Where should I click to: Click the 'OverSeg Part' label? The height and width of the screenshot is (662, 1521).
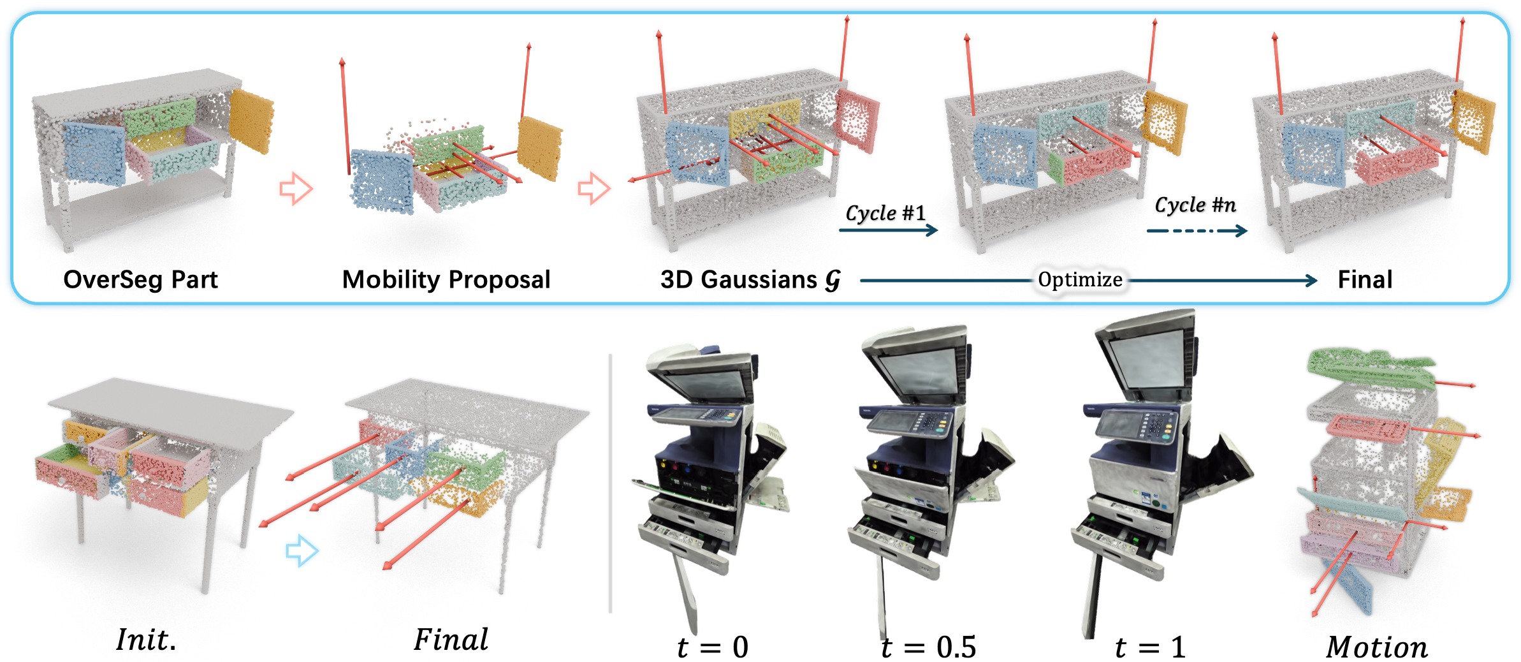pos(140,279)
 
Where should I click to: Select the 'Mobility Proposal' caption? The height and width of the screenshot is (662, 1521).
pos(446,279)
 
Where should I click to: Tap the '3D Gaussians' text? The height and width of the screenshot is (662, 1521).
pos(739,279)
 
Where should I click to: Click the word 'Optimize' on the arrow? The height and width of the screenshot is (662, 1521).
pos(1080,279)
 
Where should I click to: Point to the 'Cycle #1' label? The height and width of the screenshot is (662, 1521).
pos(885,212)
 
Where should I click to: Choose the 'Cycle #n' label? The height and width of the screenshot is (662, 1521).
pos(1195,205)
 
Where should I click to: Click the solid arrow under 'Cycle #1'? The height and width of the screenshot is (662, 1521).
pos(889,230)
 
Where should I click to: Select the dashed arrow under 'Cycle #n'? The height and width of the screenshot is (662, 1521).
pos(1197,230)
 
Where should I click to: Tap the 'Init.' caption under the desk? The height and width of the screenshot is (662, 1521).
pos(146,640)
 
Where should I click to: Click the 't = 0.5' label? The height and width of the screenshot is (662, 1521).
pos(928,647)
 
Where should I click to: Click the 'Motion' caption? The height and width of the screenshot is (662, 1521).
pos(1377,647)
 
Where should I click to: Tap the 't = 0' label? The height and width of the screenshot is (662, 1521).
pos(713,647)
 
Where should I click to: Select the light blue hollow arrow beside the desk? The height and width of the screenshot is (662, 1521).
pos(302,550)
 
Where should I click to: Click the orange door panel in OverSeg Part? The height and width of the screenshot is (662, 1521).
pos(252,121)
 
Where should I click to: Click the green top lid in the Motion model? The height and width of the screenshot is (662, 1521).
pos(1371,369)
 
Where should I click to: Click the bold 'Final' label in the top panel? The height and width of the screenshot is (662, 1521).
pos(1365,279)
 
